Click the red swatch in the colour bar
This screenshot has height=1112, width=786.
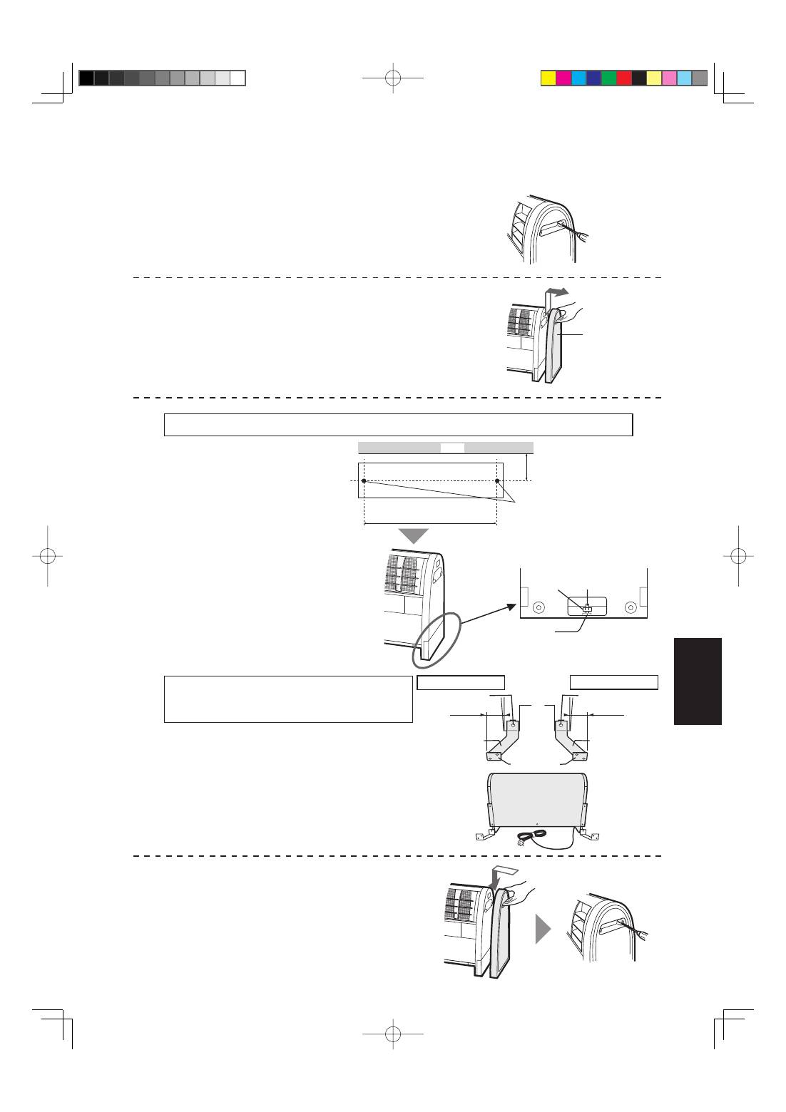(x=623, y=78)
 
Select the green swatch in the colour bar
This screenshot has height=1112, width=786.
(x=608, y=78)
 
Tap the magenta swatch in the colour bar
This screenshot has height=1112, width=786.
(x=563, y=78)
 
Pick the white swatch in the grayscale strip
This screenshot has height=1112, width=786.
(x=238, y=78)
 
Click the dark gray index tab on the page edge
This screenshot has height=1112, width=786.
(x=697, y=681)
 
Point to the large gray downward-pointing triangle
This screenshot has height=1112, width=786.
(x=413, y=536)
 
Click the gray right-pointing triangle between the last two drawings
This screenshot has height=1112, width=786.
(x=543, y=929)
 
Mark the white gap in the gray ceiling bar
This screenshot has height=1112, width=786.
(x=452, y=448)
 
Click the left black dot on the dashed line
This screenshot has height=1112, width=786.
(x=364, y=481)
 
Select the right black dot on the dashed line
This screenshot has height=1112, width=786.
(x=497, y=481)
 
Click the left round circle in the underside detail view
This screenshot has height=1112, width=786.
(x=539, y=607)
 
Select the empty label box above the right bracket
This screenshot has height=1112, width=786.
(x=613, y=682)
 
